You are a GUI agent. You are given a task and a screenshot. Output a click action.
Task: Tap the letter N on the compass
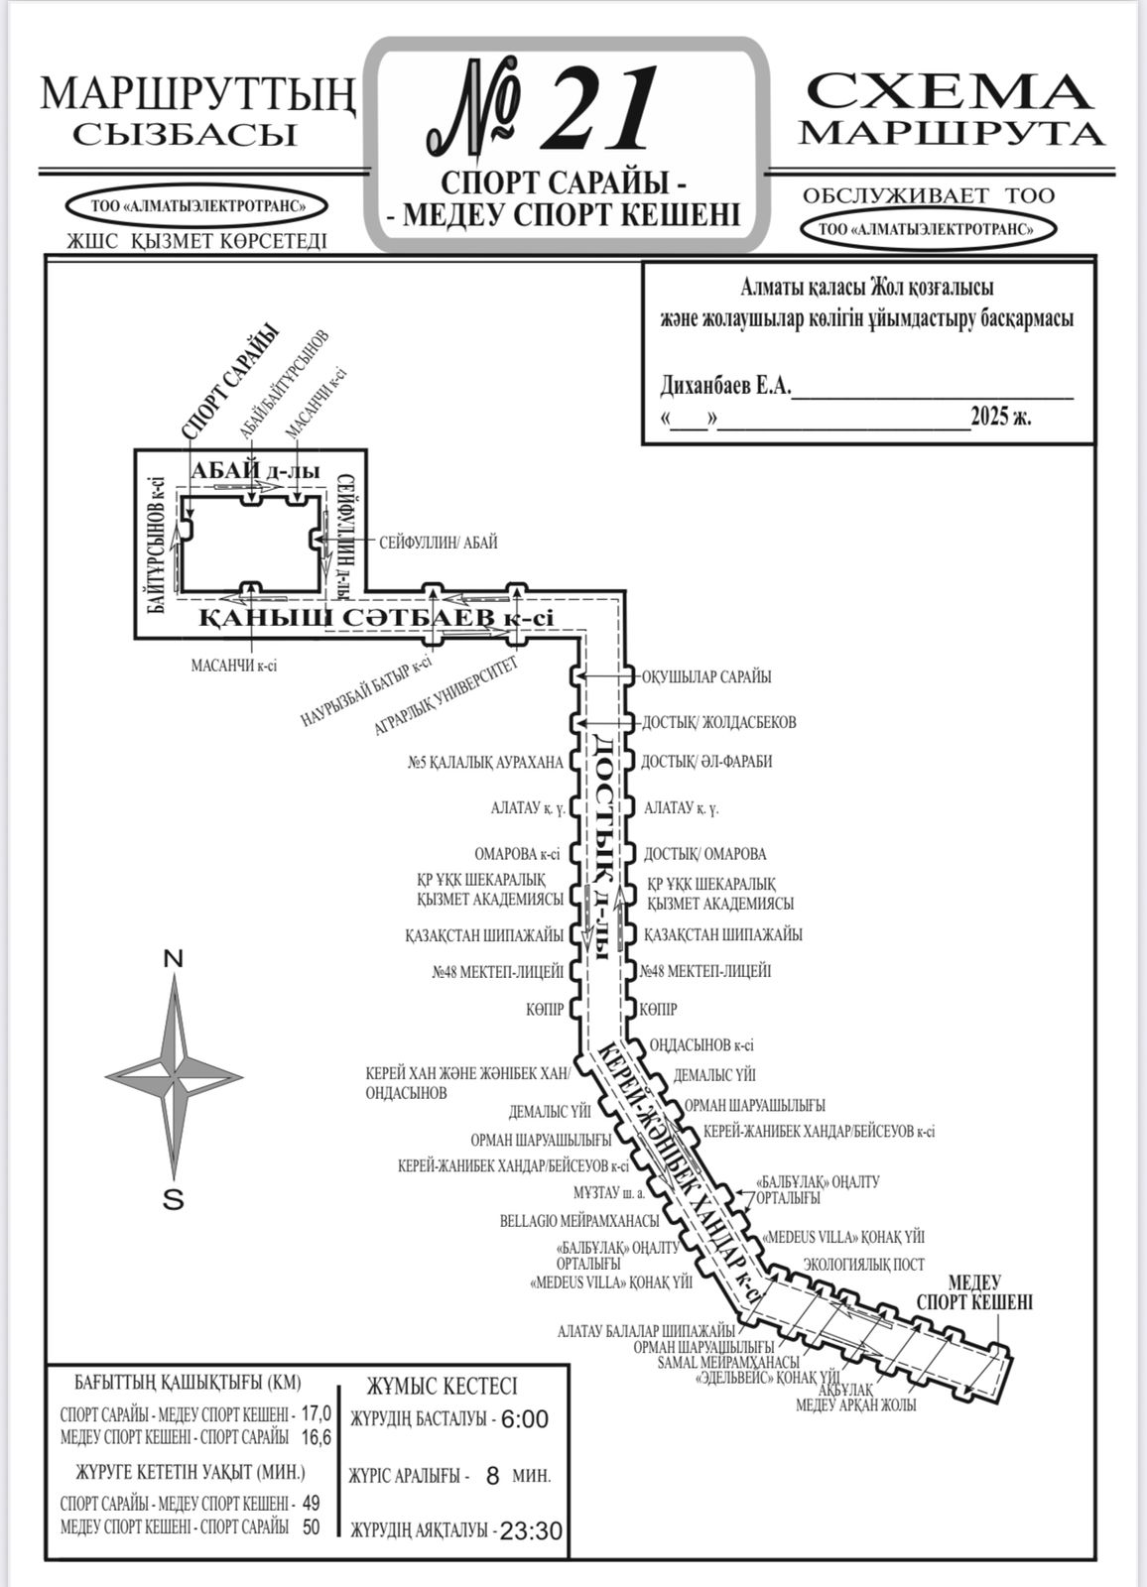[174, 959]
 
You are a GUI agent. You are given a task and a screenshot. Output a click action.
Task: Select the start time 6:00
[524, 1419]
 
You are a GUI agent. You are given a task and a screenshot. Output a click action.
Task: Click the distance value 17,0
[317, 1413]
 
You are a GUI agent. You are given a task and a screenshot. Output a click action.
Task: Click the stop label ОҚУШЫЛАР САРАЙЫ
[706, 677]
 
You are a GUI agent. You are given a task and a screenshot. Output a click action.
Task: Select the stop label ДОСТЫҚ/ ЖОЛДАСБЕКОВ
[718, 722]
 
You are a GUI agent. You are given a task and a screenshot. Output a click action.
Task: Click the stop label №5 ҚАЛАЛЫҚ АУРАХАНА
[485, 763]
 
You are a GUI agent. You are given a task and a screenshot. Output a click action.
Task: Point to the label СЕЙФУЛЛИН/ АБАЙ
[438, 544]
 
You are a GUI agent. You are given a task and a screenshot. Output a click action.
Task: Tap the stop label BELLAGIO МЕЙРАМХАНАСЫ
[579, 1221]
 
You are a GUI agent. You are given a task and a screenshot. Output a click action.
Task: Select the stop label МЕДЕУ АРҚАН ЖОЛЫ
[856, 1404]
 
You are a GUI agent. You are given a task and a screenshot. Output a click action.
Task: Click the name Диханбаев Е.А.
[725, 386]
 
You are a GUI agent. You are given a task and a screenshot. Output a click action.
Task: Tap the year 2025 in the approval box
[988, 417]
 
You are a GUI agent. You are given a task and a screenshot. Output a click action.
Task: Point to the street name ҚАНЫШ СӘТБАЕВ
[347, 619]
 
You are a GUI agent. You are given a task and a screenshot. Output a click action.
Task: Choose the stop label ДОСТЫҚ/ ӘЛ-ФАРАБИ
[706, 762]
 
